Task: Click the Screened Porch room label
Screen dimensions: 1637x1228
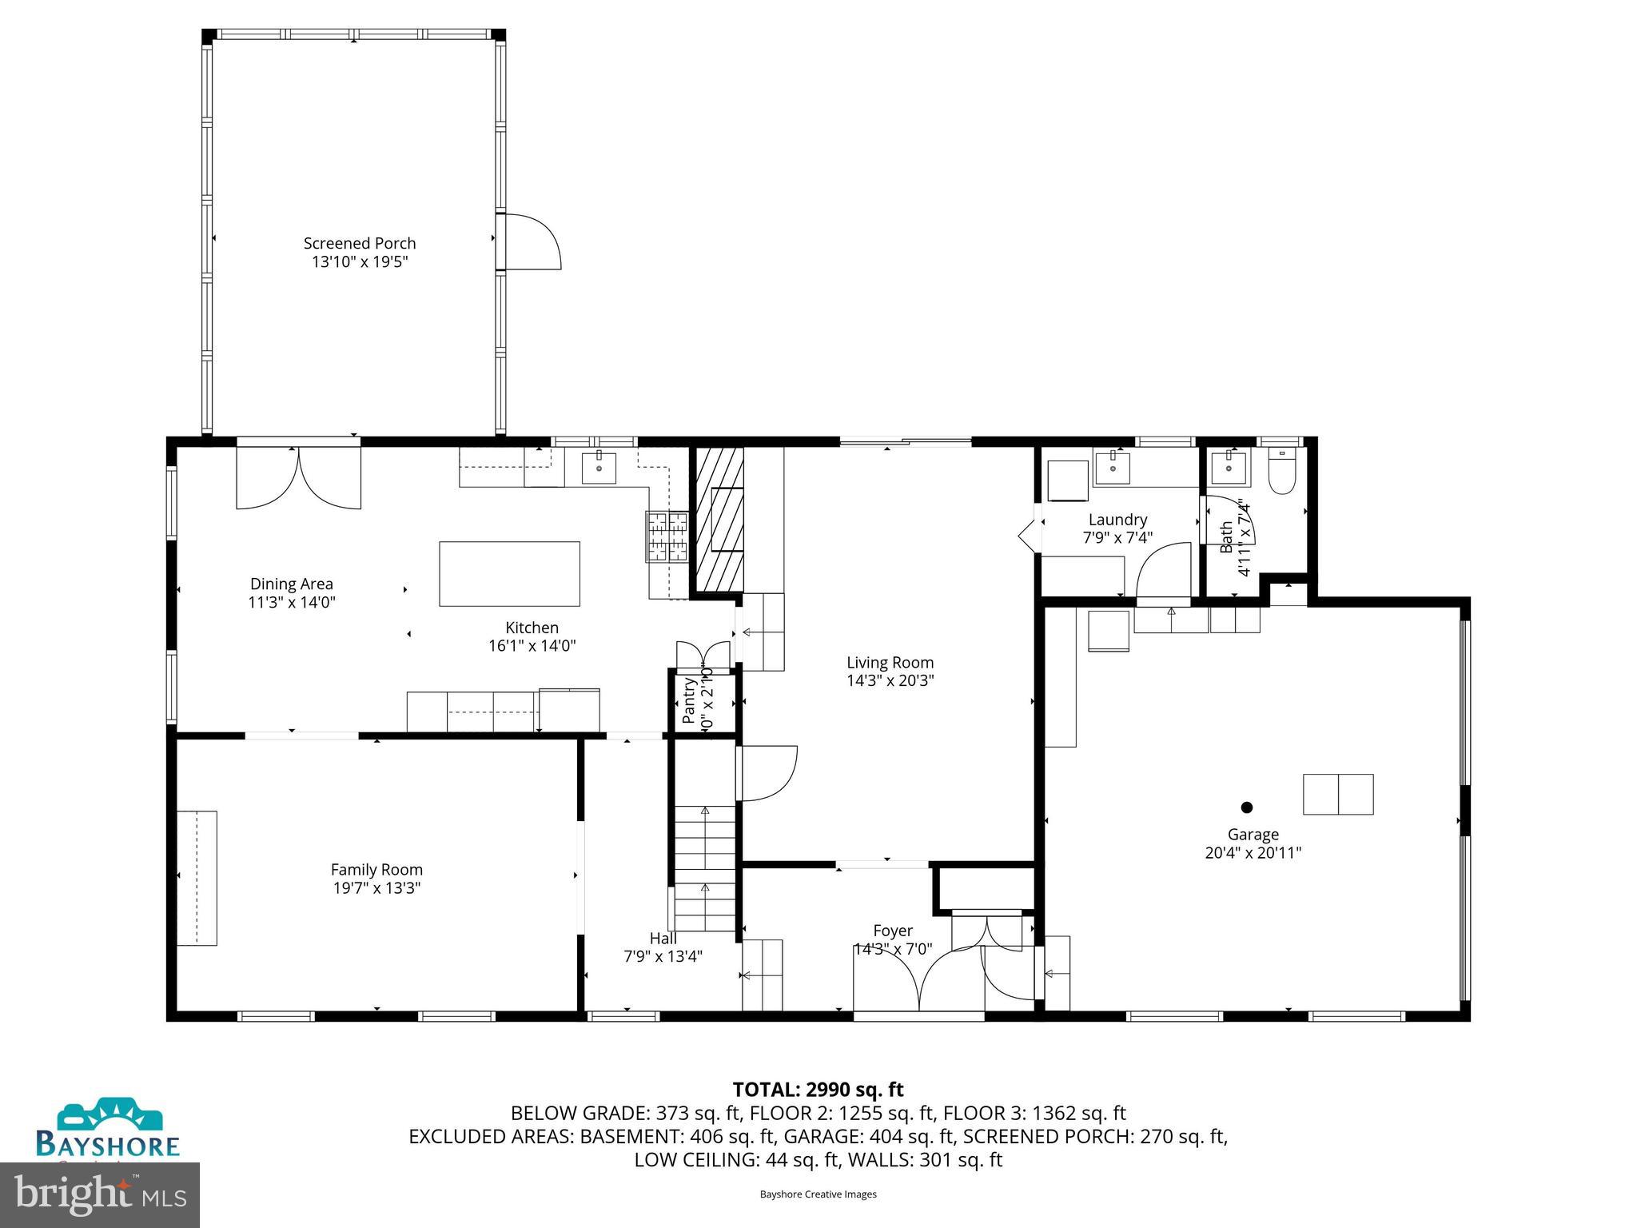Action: coord(360,243)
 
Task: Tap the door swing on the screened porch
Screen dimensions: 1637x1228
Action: coord(531,241)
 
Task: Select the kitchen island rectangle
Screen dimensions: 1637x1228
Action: coord(509,573)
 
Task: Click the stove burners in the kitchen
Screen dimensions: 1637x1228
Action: coord(667,535)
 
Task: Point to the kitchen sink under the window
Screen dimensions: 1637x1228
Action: coord(599,467)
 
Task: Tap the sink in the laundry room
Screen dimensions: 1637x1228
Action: coord(1111,467)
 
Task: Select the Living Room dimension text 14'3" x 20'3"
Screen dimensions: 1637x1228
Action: coord(890,681)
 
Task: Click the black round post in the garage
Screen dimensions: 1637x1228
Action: coord(1247,807)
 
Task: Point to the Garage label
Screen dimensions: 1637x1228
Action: coord(1253,835)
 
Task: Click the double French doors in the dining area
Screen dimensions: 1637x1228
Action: coord(298,478)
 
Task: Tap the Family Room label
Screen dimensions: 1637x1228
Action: coord(376,869)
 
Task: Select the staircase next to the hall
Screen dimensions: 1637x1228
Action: coord(704,869)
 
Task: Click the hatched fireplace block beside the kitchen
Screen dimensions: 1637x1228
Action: coord(717,520)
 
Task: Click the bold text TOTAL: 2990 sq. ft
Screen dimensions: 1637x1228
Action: coord(818,1089)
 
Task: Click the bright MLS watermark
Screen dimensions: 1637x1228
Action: coord(100,1195)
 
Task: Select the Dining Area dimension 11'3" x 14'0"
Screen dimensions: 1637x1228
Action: coord(292,603)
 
